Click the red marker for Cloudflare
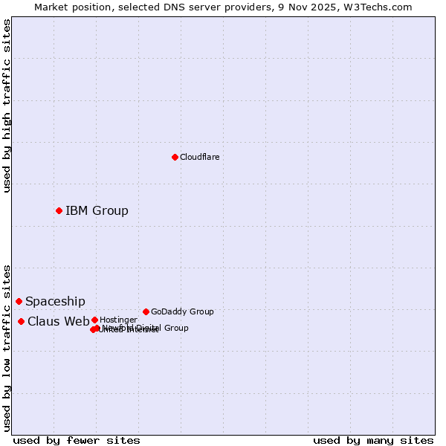point(175,157)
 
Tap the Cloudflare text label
point(199,157)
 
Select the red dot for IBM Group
point(59,210)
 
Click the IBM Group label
point(97,210)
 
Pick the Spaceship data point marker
point(19,301)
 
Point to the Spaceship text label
point(55,301)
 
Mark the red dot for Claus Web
point(21,321)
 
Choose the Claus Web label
point(58,321)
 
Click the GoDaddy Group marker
point(146,311)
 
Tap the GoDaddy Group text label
point(182,311)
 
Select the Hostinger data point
point(94,320)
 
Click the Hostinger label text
point(118,320)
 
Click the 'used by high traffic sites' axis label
point(7,106)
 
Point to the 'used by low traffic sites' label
point(7,348)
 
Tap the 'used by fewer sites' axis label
point(77,440)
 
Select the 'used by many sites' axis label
point(373,440)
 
